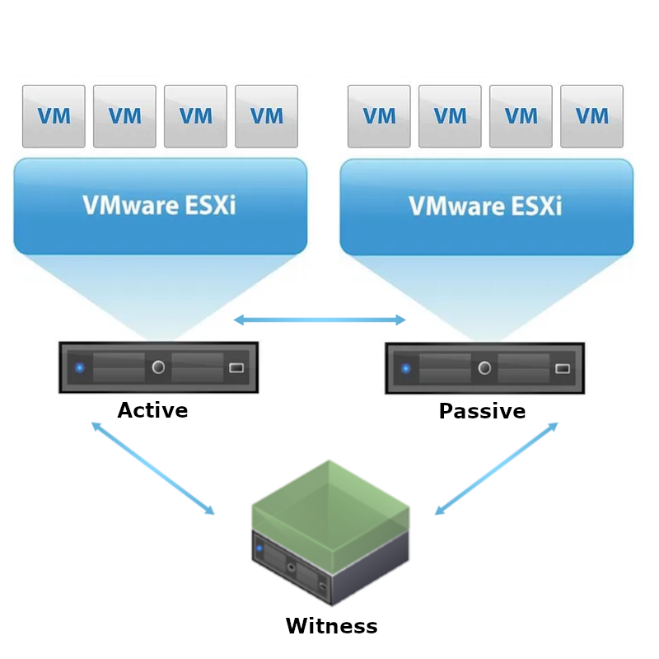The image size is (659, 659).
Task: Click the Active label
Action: coord(152,410)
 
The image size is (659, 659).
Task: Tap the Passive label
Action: coord(482,411)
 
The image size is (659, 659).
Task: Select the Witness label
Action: coord(331,626)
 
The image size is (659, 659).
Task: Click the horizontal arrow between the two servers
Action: coord(320,320)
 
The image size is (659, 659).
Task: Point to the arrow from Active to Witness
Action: coord(152,469)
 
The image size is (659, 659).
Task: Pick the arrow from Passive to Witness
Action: coord(496,469)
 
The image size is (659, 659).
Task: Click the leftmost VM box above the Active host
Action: coord(54,116)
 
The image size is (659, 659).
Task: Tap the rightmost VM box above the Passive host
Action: coord(591,116)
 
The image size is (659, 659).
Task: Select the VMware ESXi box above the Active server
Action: coord(160,205)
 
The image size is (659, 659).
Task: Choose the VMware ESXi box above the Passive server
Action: coord(486,205)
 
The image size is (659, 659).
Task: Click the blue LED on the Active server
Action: coord(80,367)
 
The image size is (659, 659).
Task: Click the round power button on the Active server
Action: coord(158,367)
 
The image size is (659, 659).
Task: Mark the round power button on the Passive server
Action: coord(484,367)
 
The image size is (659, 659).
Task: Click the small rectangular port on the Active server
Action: coord(236,367)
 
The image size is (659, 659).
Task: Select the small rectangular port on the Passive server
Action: coord(563,367)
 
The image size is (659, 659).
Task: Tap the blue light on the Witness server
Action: coord(259,548)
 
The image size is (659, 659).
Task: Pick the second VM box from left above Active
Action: coord(124,116)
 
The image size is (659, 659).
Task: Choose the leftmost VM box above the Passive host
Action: coord(379,116)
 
